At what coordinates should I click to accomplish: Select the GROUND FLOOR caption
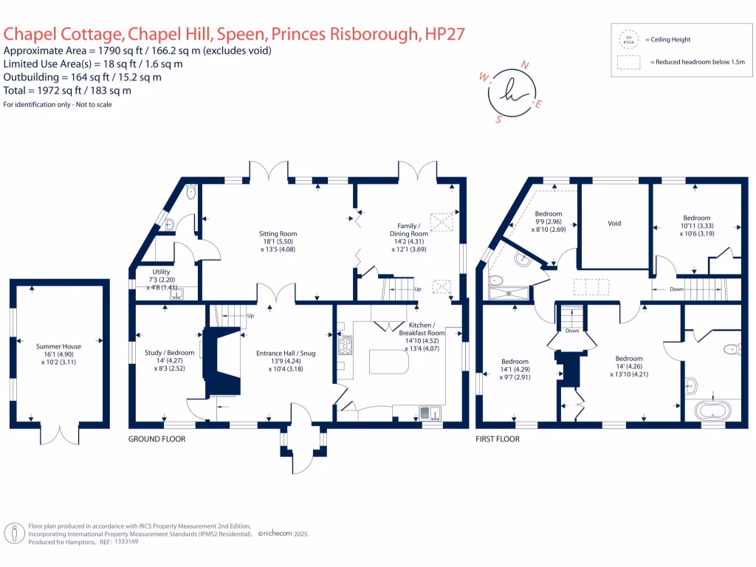157,439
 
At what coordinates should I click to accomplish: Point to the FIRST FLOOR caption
498,439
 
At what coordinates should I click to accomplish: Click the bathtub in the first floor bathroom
712,408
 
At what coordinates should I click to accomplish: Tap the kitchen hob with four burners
345,344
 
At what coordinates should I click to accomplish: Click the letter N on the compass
525,66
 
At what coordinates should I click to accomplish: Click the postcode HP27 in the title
444,34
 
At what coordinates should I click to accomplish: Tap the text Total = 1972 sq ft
68,90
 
